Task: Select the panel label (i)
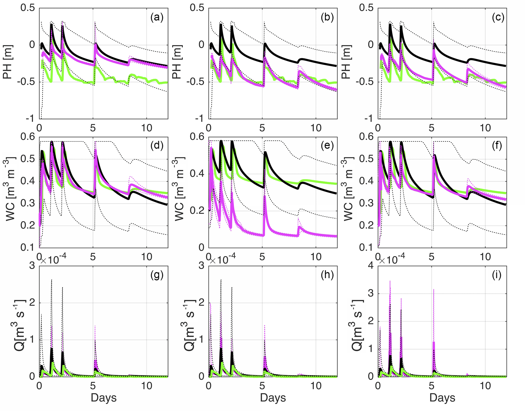496,275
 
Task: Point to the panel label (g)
157,275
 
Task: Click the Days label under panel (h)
273,398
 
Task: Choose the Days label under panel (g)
103,398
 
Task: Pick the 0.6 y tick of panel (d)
28,137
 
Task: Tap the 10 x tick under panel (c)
485,128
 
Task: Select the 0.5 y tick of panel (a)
28,8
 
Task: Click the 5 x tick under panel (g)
93,386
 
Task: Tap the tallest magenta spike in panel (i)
390,281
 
